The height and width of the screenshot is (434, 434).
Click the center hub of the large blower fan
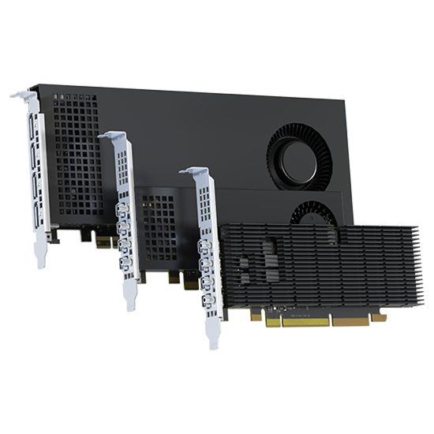tap(301, 154)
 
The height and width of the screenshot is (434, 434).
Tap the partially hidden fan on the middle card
tap(314, 211)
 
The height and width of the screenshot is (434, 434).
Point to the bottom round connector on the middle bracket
tap(127, 264)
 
